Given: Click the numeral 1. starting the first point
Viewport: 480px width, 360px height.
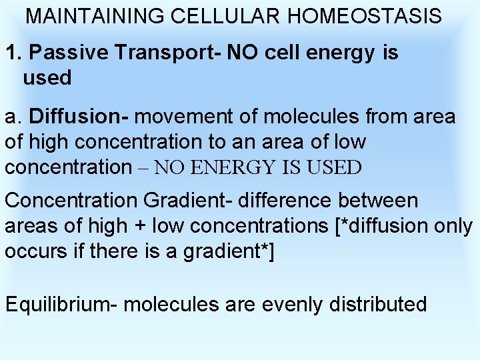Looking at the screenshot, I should [x=14, y=53].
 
